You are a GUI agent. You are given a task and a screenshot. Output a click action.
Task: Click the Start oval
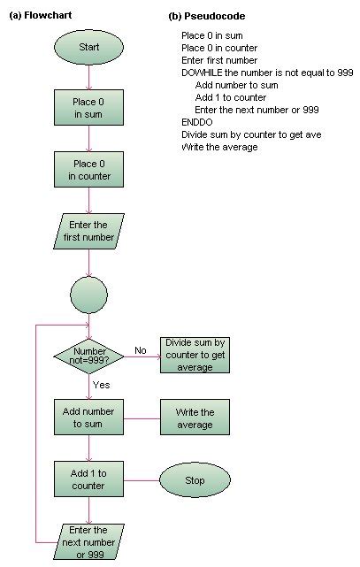click(89, 46)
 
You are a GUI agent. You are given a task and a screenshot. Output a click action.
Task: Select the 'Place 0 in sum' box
click(89, 108)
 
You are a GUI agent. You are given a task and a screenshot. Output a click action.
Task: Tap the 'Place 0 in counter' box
click(89, 170)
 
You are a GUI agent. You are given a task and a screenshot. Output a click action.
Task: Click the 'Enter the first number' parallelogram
click(89, 231)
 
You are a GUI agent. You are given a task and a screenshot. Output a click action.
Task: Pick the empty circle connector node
click(89, 294)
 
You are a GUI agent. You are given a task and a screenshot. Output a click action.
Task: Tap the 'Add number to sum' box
click(89, 418)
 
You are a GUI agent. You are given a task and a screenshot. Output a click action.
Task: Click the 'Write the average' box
click(195, 418)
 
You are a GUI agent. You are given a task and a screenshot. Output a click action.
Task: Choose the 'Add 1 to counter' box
click(89, 479)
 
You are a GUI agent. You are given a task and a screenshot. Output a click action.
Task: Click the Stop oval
click(195, 480)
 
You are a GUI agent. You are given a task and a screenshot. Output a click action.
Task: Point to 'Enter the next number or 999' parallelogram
click(89, 540)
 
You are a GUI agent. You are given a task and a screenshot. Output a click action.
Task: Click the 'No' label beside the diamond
click(140, 349)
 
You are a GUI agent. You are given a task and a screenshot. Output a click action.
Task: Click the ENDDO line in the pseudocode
click(196, 122)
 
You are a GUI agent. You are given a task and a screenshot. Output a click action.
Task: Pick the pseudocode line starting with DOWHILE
click(266, 73)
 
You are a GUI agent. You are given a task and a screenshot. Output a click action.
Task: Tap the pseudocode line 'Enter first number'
click(219, 60)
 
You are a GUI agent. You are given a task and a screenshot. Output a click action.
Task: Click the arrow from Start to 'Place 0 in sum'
click(89, 77)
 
